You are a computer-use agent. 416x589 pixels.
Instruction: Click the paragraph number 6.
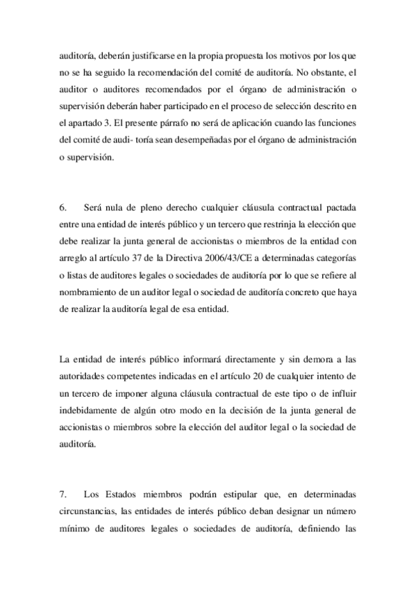click(x=63, y=207)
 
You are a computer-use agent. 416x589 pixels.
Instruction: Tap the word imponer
click(x=128, y=394)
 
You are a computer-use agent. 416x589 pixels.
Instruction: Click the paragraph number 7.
click(x=63, y=495)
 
